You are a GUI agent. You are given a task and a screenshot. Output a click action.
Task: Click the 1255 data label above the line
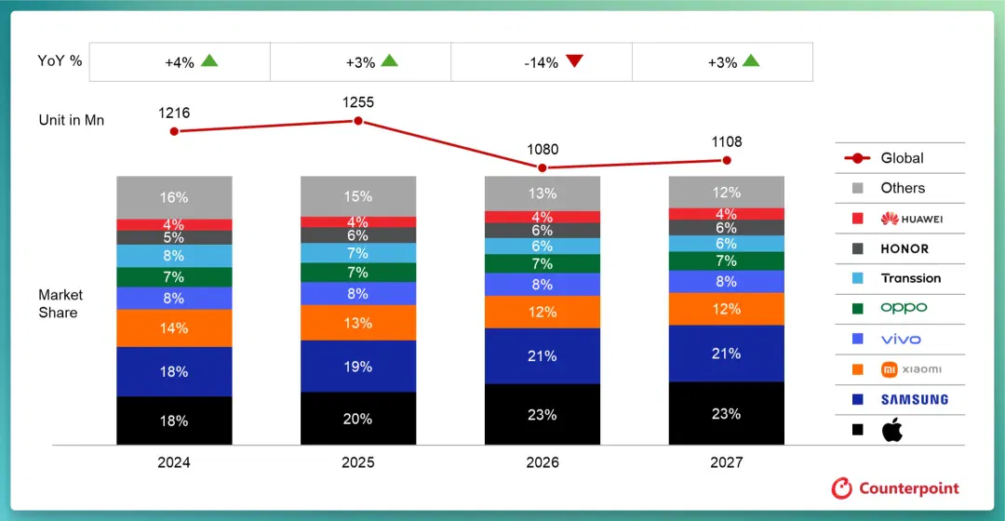pos(357,102)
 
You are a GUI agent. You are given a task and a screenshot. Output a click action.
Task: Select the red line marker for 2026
pos(543,167)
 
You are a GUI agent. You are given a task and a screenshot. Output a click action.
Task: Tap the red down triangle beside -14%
pos(574,60)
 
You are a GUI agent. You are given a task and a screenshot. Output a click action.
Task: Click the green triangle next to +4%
pos(209,60)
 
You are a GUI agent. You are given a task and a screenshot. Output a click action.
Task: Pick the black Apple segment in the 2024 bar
pos(174,421)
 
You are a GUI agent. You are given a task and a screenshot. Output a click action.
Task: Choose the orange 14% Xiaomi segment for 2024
pos(174,328)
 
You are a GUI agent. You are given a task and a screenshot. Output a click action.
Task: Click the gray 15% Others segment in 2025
pos(358,196)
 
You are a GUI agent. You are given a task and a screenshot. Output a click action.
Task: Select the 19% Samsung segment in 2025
pos(358,366)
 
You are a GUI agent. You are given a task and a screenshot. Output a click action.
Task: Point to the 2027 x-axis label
pos(726,462)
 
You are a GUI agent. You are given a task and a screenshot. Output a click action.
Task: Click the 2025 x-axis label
pos(357,462)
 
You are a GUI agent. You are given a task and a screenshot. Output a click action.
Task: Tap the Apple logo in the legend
pos(892,430)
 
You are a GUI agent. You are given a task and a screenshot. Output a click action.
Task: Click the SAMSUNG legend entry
pos(915,399)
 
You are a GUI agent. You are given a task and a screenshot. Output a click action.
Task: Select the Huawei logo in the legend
pos(890,219)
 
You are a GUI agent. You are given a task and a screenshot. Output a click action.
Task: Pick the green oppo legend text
pos(904,308)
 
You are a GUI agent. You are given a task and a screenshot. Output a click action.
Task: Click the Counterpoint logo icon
pos(841,488)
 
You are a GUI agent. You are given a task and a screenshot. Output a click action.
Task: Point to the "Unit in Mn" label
pos(71,120)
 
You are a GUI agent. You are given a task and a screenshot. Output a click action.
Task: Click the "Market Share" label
pos(60,303)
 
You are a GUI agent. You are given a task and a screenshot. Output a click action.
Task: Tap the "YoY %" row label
pos(60,60)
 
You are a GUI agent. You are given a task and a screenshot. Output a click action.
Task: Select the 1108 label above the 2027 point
pos(726,141)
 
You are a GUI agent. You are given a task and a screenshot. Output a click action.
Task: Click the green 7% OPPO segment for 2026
pos(543,263)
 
